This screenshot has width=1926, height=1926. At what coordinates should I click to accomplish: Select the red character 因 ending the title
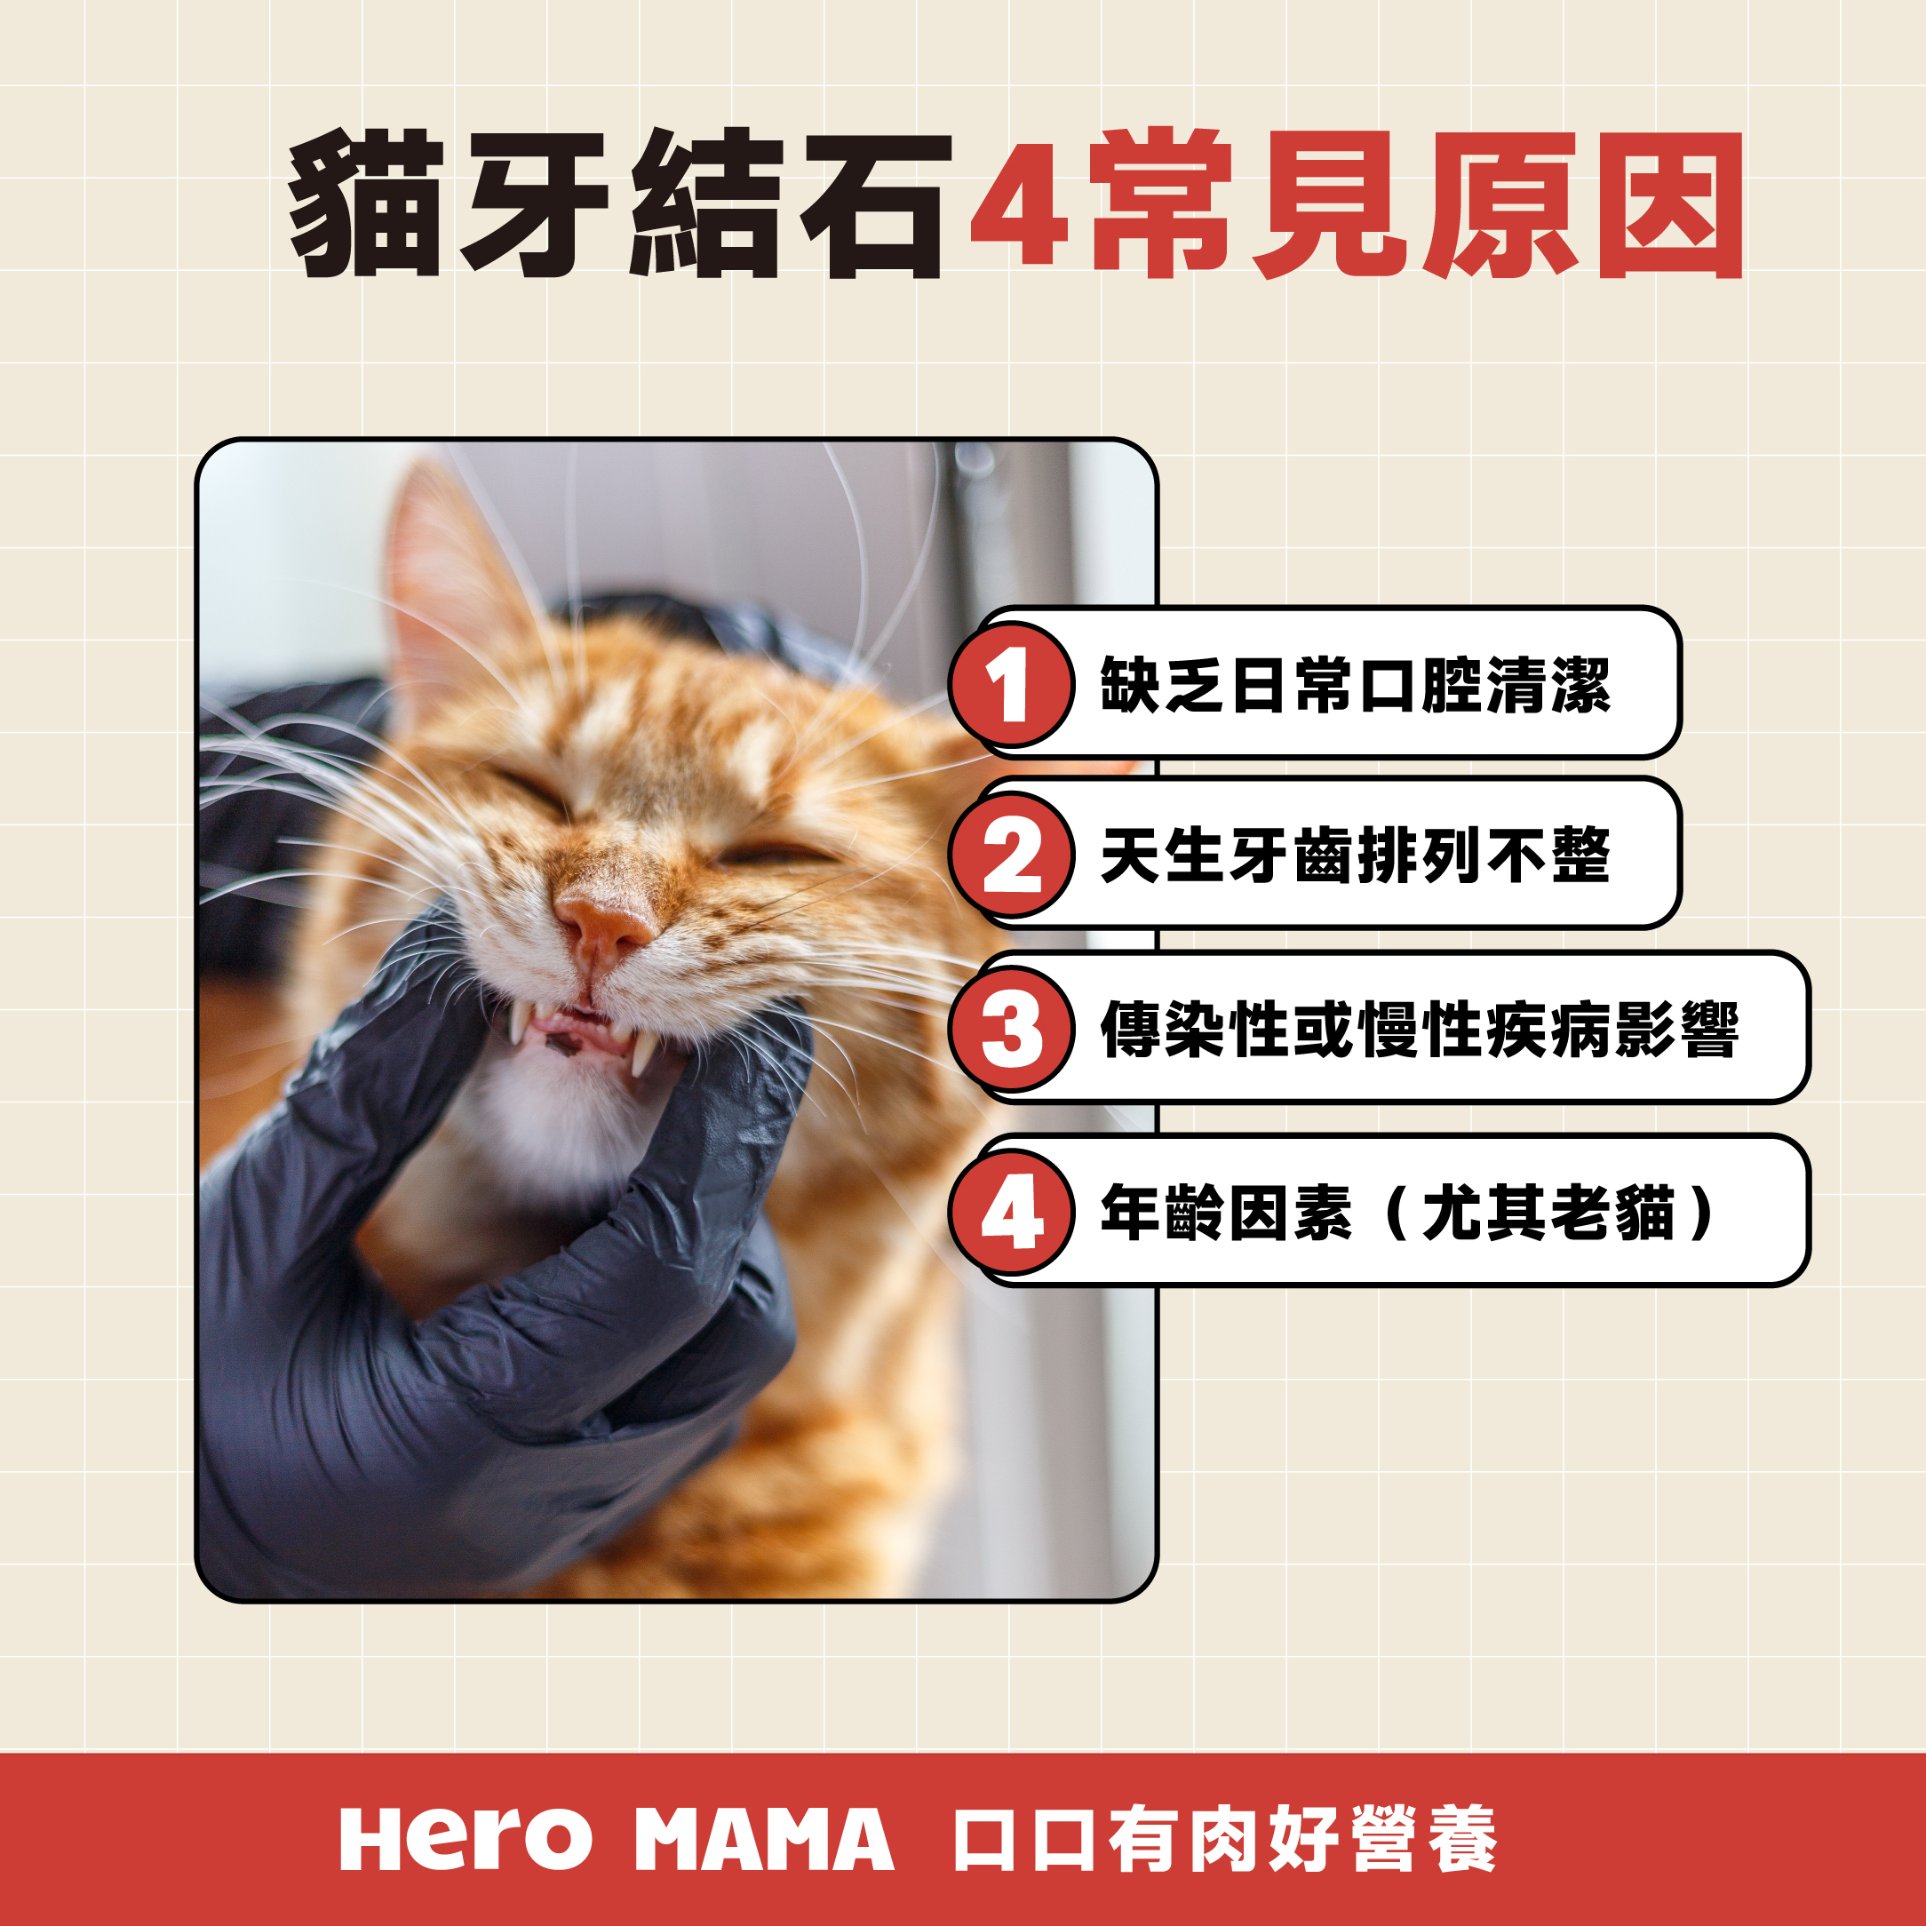[x=1671, y=204]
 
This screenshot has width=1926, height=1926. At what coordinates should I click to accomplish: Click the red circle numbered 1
[x=1012, y=685]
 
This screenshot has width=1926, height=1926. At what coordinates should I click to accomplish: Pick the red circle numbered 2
[x=1012, y=856]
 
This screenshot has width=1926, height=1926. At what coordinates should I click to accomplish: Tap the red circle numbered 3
[x=1012, y=1029]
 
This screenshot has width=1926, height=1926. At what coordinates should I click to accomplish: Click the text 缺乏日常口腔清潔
[x=1356, y=686]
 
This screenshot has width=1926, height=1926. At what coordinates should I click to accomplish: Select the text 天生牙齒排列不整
[x=1356, y=856]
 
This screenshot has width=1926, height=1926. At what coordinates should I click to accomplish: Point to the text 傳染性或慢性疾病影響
[x=1420, y=1029]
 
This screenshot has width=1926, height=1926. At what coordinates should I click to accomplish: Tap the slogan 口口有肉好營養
[x=1225, y=1839]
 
